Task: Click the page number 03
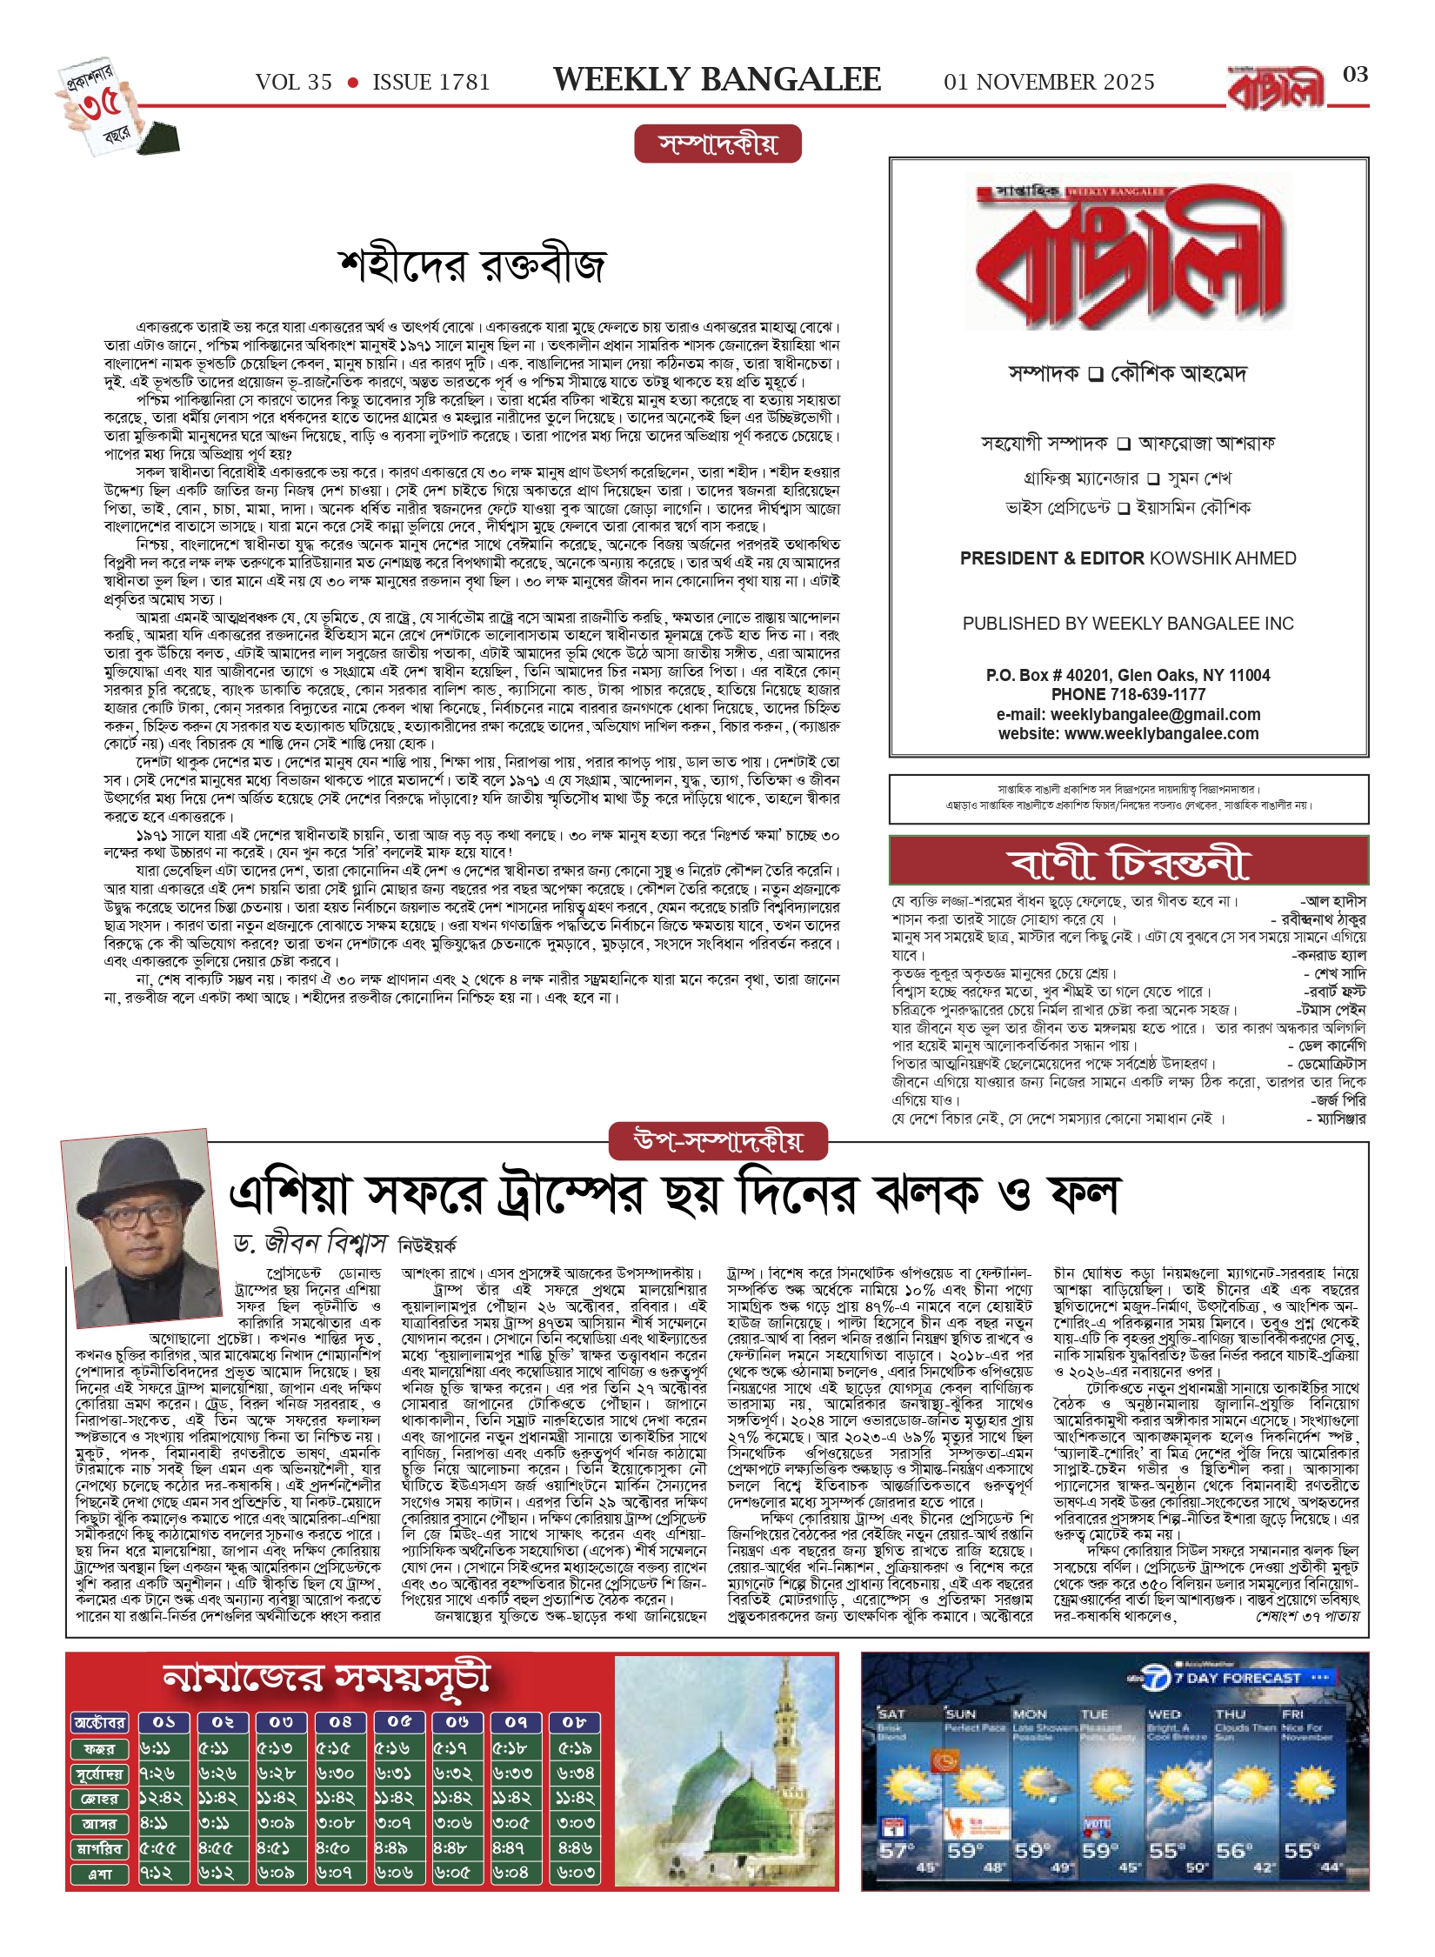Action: click(x=1355, y=75)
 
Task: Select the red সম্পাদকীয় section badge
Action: click(x=717, y=144)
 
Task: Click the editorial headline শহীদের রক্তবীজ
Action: click(x=471, y=265)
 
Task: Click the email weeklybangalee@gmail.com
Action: click(x=1155, y=714)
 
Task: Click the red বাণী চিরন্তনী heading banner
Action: click(x=1128, y=862)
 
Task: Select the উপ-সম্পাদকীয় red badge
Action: click(x=717, y=1140)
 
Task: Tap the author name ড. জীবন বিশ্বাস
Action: click(x=310, y=1243)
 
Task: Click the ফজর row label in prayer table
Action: click(x=100, y=1748)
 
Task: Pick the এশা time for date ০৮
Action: click(x=576, y=1873)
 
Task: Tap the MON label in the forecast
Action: click(x=1030, y=1714)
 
